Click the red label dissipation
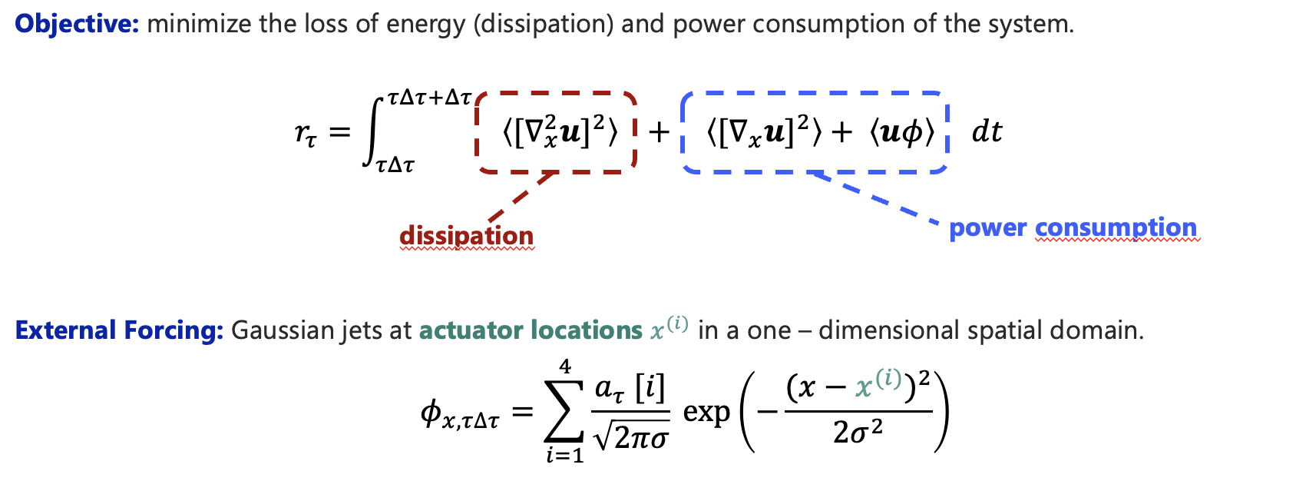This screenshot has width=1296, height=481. click(x=466, y=235)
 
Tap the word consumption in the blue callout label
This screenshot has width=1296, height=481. click(x=1116, y=227)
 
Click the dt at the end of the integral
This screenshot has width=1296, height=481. click(x=987, y=132)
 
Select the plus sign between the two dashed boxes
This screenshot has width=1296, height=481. click(x=659, y=133)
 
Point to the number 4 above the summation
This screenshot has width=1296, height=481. click(x=566, y=367)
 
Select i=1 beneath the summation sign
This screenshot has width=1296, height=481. click(x=565, y=456)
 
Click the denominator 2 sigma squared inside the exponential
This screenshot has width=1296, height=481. click(x=858, y=433)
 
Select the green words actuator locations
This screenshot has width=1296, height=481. click(x=531, y=330)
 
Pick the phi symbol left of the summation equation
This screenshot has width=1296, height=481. click(x=431, y=413)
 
